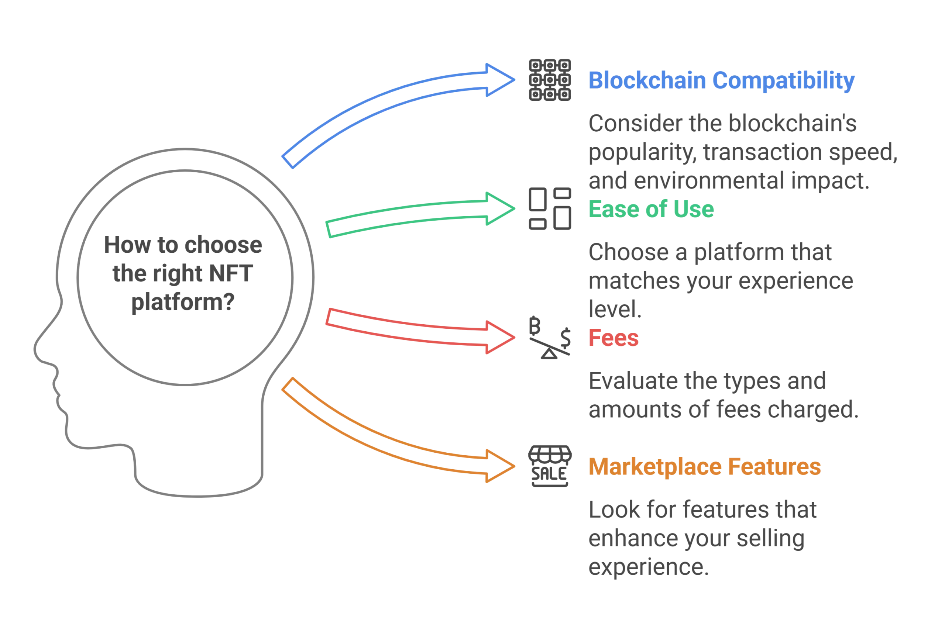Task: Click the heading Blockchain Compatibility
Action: tap(721, 80)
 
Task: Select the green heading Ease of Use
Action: tap(650, 209)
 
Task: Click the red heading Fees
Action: tap(613, 338)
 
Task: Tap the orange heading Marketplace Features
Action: tap(704, 467)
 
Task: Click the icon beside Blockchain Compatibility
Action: tap(550, 80)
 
